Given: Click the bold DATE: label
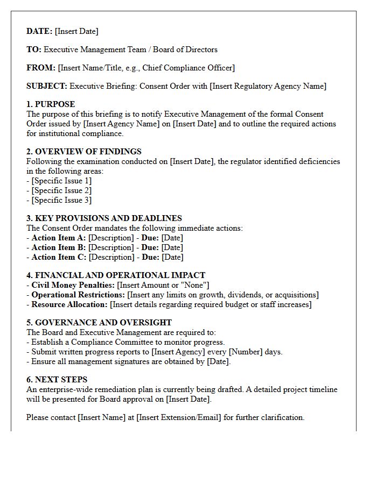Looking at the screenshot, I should [39, 31].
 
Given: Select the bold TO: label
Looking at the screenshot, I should [33, 49].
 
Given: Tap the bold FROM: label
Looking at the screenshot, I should [41, 68].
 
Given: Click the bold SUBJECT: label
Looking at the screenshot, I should [47, 86].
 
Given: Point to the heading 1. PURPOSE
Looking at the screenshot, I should [51, 104].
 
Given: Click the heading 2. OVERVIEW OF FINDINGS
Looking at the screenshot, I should [84, 152].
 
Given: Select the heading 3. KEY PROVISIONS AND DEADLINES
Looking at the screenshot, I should [104, 218].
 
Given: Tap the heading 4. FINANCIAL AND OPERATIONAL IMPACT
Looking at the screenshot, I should [116, 275].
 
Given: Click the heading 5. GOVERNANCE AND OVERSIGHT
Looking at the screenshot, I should [99, 323].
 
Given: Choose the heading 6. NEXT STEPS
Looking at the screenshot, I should [57, 380].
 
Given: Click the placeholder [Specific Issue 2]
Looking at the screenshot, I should [61, 190].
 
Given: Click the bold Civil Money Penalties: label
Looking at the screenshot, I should [73, 285].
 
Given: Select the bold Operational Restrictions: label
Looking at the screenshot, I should [78, 295].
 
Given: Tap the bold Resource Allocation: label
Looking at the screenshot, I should [69, 304].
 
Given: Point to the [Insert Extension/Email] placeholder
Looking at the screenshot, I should [179, 417].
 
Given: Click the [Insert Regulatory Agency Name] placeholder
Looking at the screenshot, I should [268, 86].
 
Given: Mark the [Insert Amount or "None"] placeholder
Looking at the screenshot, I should [163, 285].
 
